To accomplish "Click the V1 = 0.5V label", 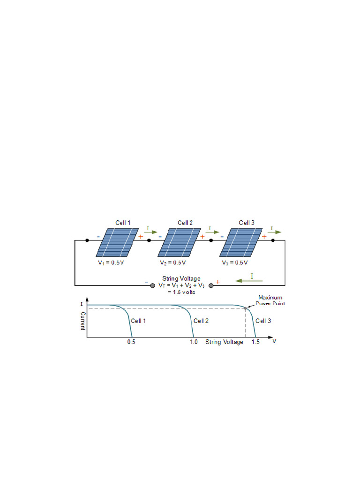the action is (x=111, y=263).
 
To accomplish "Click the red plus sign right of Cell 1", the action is (x=141, y=237).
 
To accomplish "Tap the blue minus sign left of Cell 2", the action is (x=160, y=237).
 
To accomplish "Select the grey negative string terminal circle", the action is (x=152, y=285).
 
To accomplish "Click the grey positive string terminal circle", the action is (x=210, y=285).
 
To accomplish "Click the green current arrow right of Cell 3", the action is (x=275, y=232).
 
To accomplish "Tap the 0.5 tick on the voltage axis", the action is (x=131, y=342).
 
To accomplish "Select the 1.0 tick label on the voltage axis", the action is (x=194, y=342).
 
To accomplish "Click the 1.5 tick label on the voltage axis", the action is (x=255, y=342).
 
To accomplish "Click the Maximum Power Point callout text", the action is (x=271, y=300).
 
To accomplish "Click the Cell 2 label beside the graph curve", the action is (x=201, y=321).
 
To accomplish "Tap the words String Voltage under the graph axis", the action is (x=224, y=342).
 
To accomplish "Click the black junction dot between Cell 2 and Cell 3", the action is (x=211, y=240).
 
